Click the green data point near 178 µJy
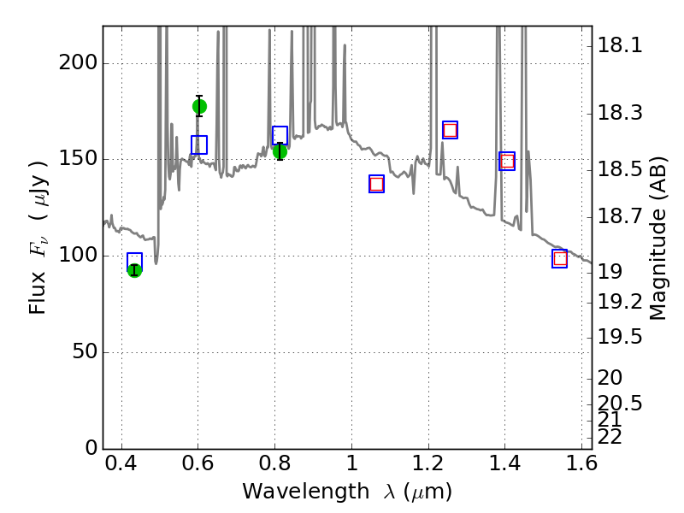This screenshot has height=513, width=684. tap(199, 106)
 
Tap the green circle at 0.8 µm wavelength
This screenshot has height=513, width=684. tap(280, 151)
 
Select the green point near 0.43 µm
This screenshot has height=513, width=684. tap(134, 270)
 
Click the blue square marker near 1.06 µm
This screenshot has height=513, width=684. tap(376, 184)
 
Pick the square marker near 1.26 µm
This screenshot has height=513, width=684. tap(450, 130)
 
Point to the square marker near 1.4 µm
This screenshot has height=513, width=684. tap(507, 161)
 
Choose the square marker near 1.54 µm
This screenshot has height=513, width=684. tap(560, 259)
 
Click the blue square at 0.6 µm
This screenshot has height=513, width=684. tap(199, 144)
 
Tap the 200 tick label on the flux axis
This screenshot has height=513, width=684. tap(77, 63)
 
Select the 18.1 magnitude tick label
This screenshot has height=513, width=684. tap(622, 45)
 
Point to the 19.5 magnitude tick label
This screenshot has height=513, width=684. tap(622, 337)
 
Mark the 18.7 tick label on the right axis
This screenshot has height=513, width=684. tap(622, 217)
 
